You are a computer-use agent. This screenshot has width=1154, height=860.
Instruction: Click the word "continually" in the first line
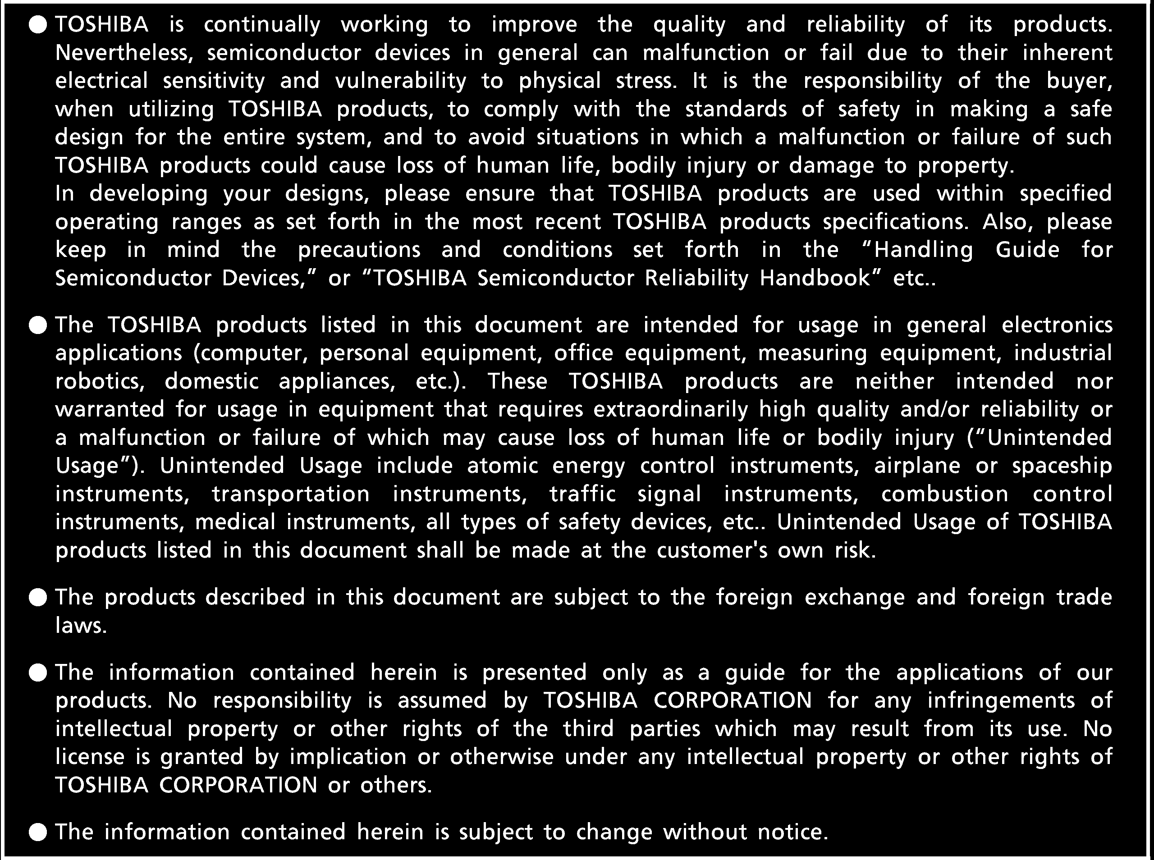click(262, 25)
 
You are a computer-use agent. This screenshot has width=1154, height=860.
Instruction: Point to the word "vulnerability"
click(400, 81)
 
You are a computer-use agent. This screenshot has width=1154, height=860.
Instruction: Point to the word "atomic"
click(502, 466)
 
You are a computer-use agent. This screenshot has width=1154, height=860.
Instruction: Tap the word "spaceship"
click(1062, 466)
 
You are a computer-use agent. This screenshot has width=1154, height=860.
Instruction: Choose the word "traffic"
click(582, 494)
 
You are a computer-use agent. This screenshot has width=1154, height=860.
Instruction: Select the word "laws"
click(81, 625)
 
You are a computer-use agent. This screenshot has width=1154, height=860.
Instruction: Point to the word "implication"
click(348, 756)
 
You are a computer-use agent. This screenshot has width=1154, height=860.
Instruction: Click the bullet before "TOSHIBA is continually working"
click(38, 25)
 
